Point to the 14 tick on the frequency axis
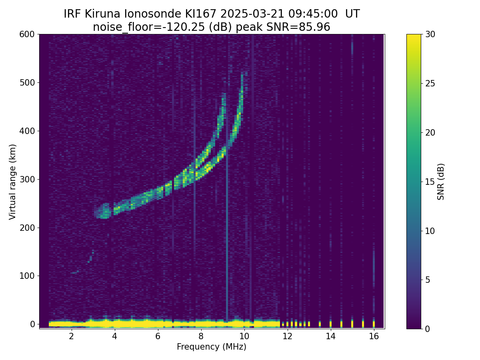(330, 336)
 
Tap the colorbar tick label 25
(431, 83)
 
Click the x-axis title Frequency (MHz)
(212, 347)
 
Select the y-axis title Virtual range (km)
(12, 181)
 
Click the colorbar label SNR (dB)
(441, 181)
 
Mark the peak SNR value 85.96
(314, 27)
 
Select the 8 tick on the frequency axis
(201, 336)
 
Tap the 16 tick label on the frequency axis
(374, 336)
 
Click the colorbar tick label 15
(431, 182)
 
